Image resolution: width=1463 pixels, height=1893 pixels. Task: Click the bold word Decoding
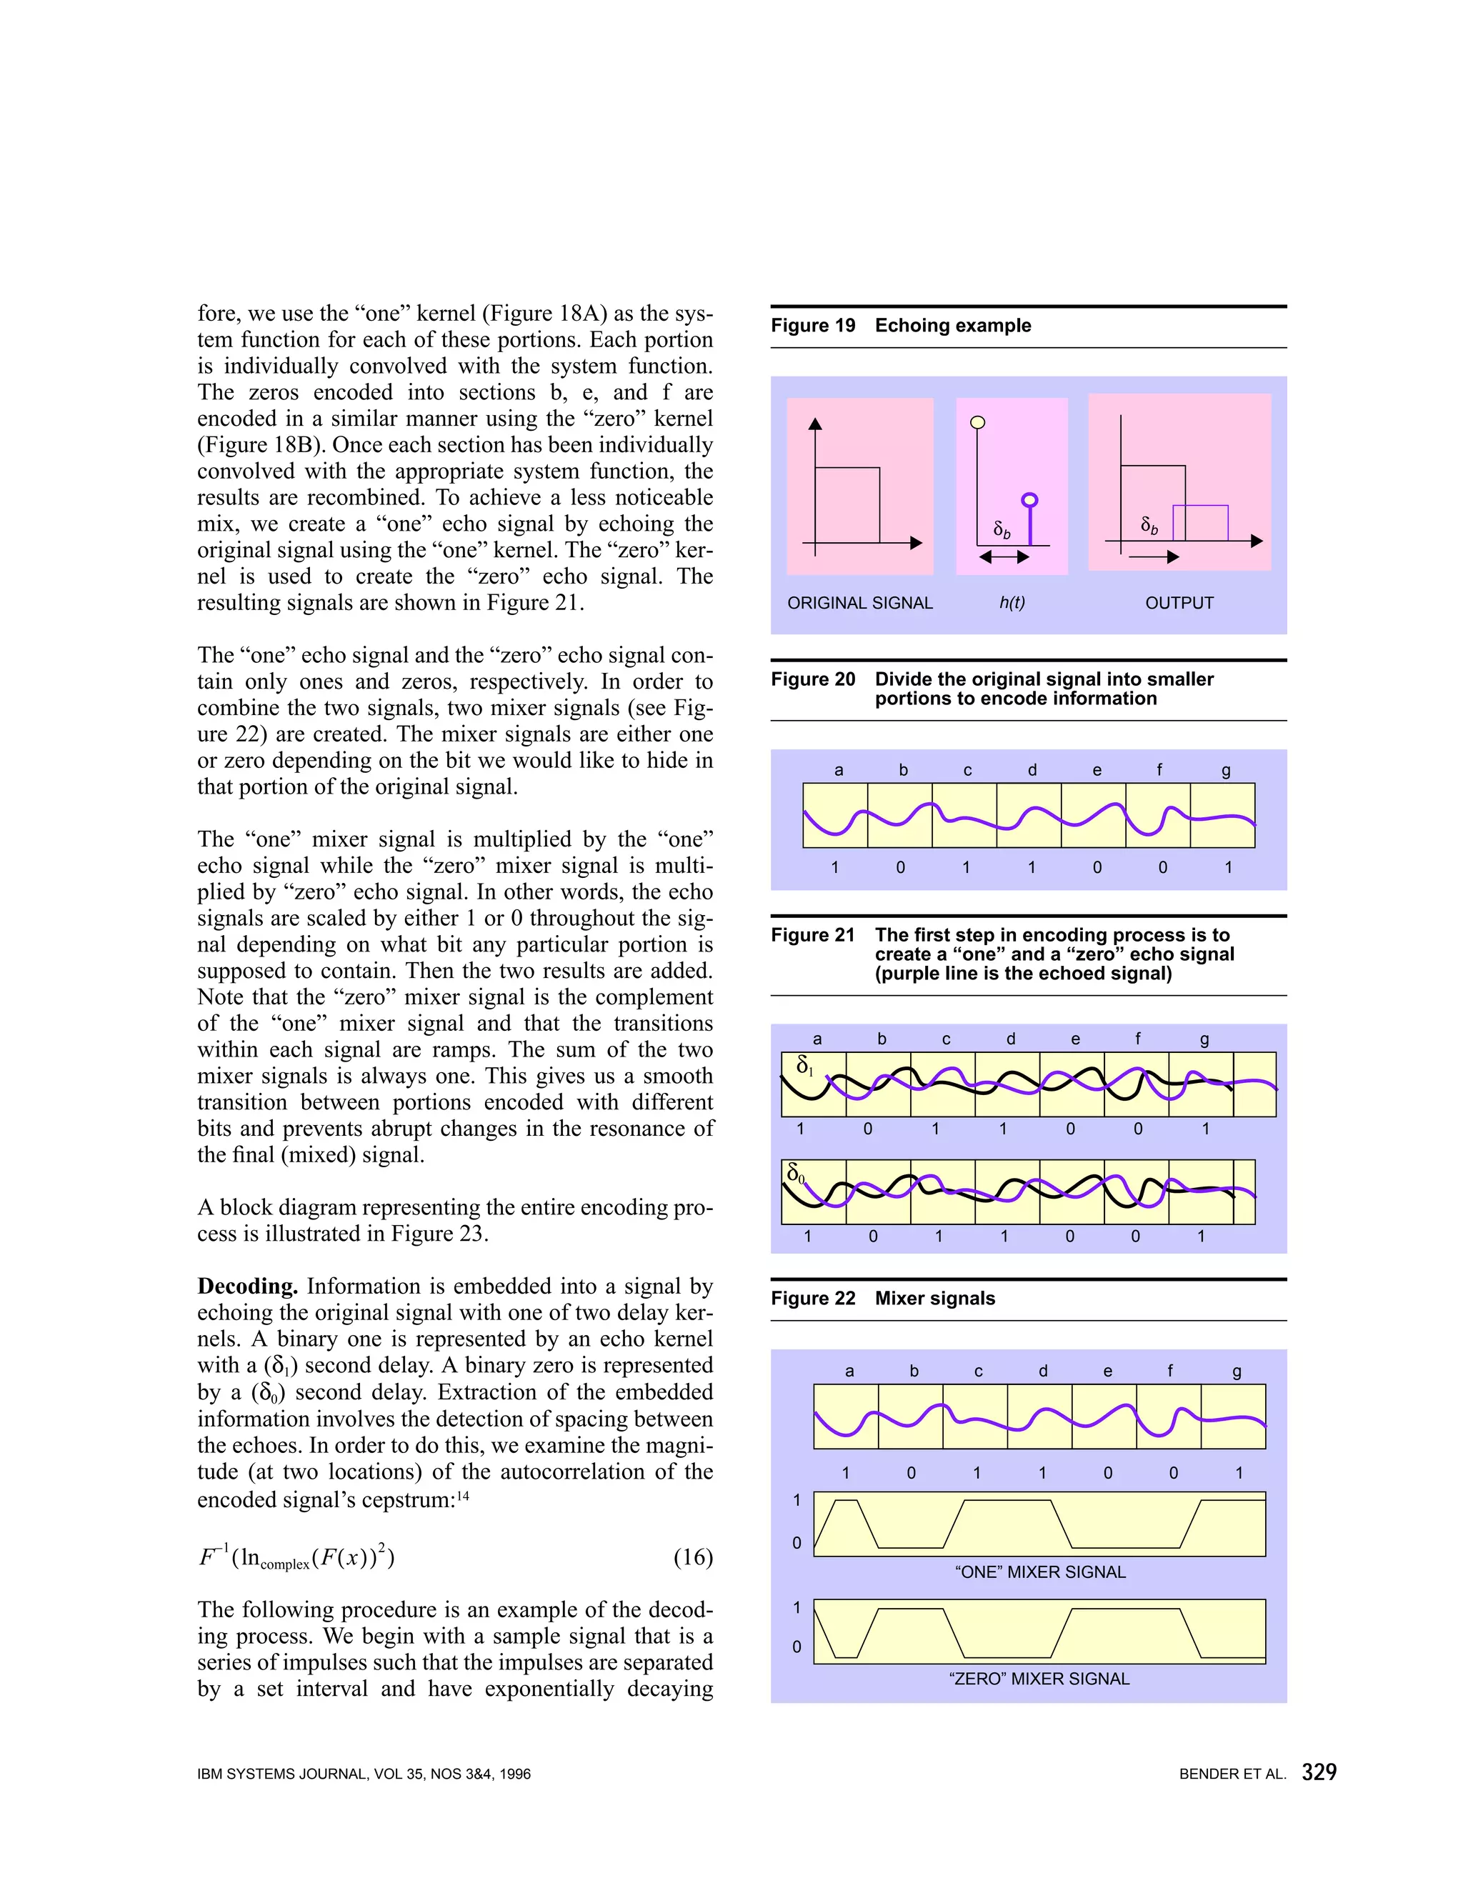[247, 1287]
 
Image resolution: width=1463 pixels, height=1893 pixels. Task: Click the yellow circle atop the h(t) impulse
[978, 423]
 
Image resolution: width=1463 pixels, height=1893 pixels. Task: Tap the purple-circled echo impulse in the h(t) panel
[1029, 500]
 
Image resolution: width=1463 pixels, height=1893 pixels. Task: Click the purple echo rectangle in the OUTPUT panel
[1200, 523]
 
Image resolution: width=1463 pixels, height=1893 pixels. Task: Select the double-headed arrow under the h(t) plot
[1004, 557]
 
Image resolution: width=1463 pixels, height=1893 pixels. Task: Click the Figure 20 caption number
[812, 679]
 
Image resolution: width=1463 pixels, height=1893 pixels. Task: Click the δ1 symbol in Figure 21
[804, 1065]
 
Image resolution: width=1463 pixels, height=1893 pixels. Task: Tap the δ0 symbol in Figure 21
[795, 1174]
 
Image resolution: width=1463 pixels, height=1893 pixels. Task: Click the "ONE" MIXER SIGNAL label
[1039, 1572]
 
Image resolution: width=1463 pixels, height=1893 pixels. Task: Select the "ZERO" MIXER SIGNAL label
[1039, 1679]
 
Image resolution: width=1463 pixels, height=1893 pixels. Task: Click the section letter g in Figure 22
[1236, 1372]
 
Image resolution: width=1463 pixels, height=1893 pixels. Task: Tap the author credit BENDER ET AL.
[1232, 1774]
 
